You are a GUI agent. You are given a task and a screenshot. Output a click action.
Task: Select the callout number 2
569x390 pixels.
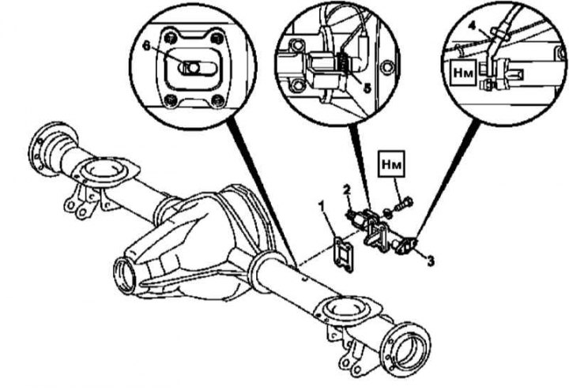coord(346,189)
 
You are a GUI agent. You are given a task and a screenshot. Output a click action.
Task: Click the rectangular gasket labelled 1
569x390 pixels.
coord(341,250)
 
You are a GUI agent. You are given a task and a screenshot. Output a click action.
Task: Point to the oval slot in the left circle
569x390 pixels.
coord(190,68)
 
